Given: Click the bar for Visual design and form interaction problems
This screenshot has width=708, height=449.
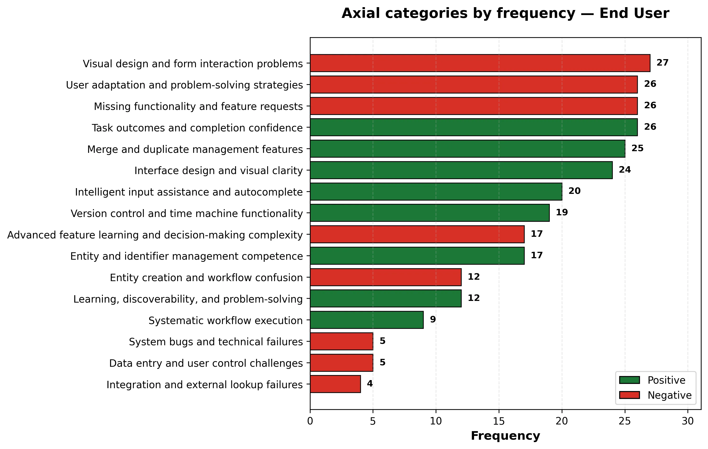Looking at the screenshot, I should tap(480, 63).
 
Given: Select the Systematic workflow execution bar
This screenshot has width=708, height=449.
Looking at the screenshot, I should tap(367, 320).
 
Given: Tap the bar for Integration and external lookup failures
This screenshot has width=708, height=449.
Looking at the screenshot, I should tap(335, 384).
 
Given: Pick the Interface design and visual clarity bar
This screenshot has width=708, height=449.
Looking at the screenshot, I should tap(461, 170).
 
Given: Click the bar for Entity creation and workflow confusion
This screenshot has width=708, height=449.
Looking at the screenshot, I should tap(386, 277).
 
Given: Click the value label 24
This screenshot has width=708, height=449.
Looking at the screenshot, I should tap(625, 170).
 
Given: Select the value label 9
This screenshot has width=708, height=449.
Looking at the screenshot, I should tap(433, 320).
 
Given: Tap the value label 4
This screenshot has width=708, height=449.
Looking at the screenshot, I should tap(370, 383).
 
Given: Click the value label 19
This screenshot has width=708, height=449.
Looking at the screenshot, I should tap(562, 212).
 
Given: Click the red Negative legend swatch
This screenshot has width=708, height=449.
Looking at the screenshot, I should tap(629, 395).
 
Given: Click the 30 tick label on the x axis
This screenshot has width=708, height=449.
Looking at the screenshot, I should tap(688, 421).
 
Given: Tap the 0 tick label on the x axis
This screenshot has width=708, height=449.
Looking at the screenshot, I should tap(310, 421).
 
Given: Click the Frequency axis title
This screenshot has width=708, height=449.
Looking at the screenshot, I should tap(505, 436).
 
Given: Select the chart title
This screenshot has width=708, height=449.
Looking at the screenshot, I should tap(505, 14).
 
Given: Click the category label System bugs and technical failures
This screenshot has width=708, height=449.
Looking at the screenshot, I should tap(216, 342).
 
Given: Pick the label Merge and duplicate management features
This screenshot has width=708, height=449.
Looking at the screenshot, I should tap(195, 150).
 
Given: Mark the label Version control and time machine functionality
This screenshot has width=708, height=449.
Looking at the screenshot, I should tap(187, 213).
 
